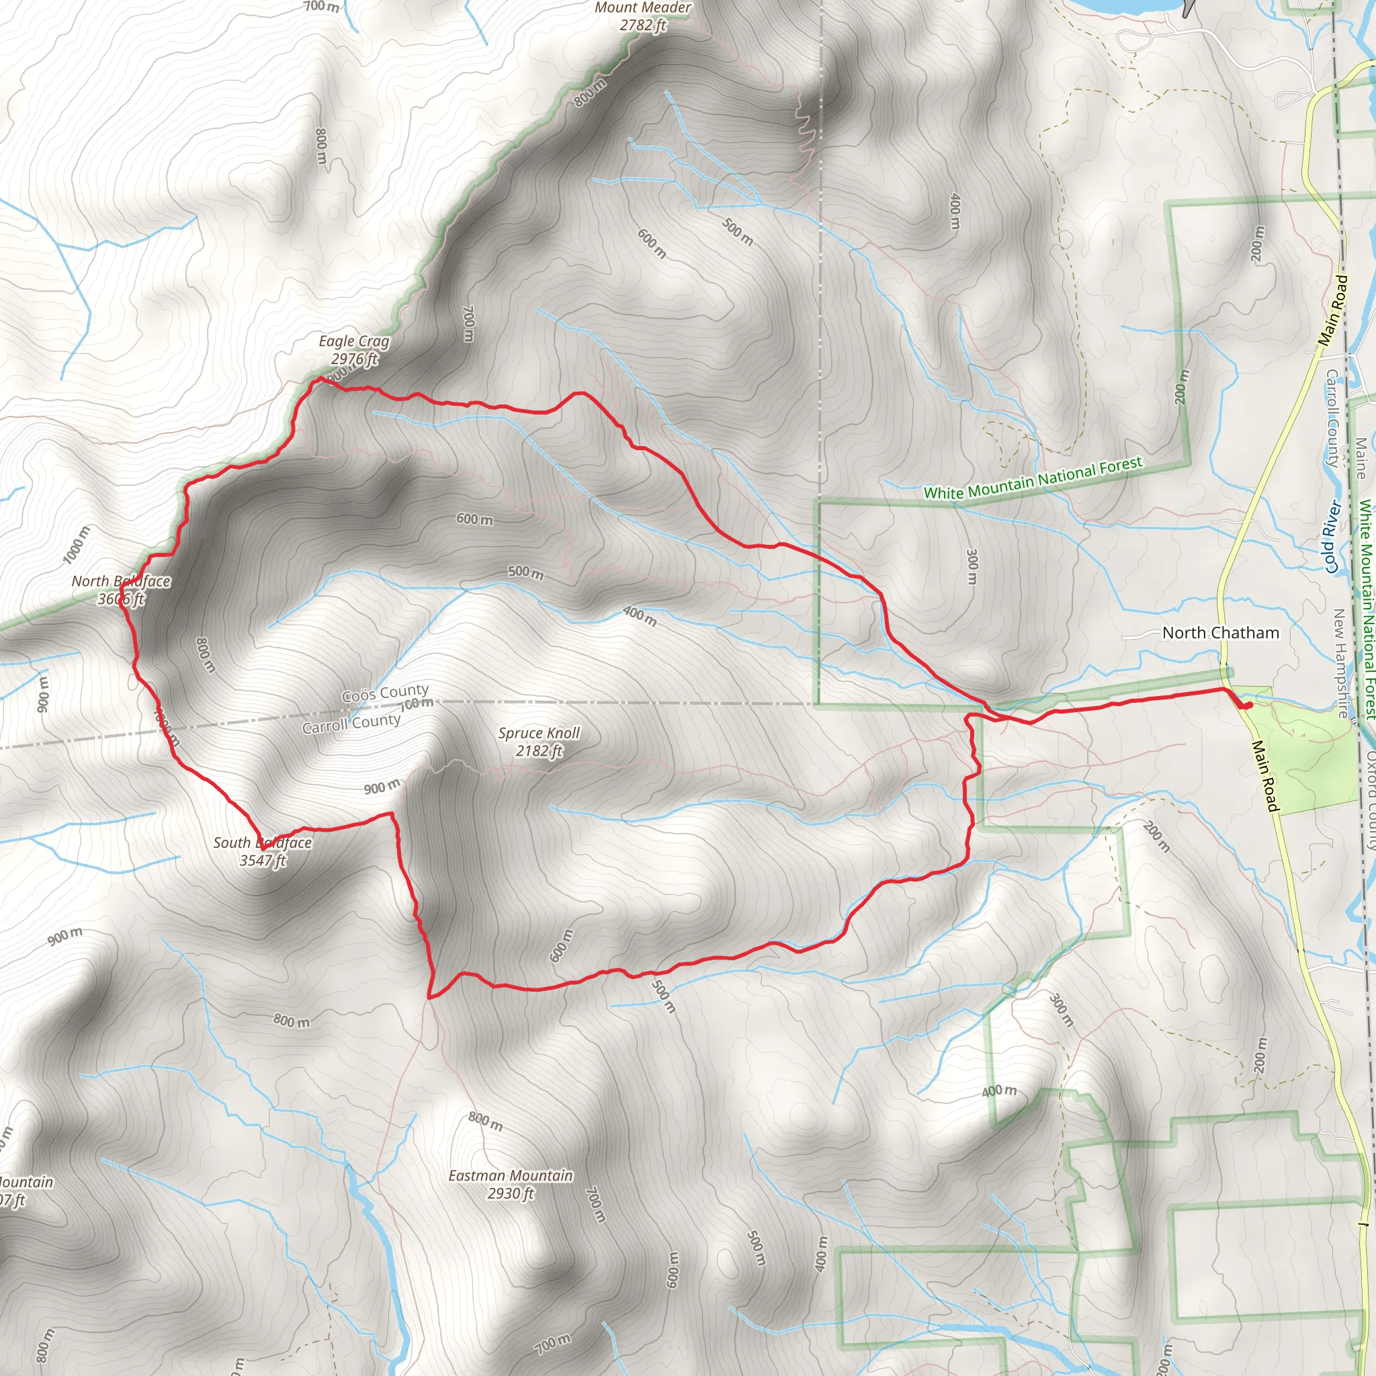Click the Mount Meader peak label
click(642, 8)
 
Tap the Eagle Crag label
click(354, 341)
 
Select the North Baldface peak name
click(121, 581)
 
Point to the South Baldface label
click(262, 843)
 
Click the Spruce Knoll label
click(539, 733)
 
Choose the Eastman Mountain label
click(510, 1175)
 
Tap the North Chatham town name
click(1220, 632)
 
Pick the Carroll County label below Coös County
click(351, 724)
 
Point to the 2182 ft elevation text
click(539, 750)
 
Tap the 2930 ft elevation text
click(510, 1193)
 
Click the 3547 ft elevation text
click(262, 861)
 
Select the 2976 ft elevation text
click(354, 359)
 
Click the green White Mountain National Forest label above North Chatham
click(1033, 478)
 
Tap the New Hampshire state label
click(1341, 662)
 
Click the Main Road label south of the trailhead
click(1266, 775)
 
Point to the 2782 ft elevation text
click(642, 26)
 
